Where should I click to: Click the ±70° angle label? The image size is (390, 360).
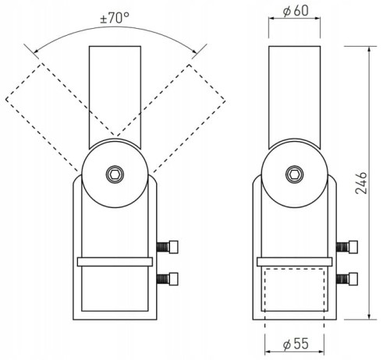tap(115, 18)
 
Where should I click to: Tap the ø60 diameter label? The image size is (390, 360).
tap(296, 11)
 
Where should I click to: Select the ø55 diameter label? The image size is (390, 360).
tap(296, 344)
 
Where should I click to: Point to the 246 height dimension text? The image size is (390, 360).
tap(361, 183)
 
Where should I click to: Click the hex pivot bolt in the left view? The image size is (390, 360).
tap(115, 174)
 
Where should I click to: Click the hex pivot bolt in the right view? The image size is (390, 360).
tap(294, 174)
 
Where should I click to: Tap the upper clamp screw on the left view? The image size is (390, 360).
tap(168, 247)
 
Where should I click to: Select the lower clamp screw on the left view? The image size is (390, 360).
tap(168, 279)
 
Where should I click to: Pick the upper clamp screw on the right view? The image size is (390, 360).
tap(347, 247)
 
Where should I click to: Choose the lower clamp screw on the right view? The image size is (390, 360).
tap(347, 279)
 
